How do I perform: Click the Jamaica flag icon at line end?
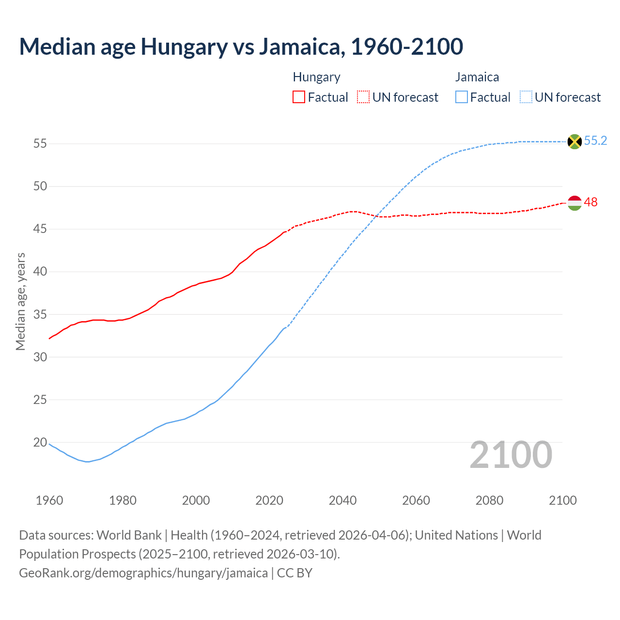click(574, 141)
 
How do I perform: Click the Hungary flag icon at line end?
click(574, 203)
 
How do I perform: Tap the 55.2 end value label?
click(595, 141)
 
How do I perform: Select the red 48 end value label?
click(590, 202)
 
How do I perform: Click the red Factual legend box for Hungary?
click(299, 97)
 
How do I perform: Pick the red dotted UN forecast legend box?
click(363, 97)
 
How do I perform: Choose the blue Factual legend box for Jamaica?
click(462, 97)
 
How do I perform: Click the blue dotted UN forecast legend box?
click(526, 97)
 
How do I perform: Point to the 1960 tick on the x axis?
click(49, 500)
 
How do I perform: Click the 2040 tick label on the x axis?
click(342, 500)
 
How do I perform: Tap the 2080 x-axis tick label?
click(489, 500)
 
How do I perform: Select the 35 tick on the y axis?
click(40, 314)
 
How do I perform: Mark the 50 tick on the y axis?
click(40, 186)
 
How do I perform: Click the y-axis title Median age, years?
click(20, 301)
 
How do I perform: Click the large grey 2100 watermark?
click(511, 455)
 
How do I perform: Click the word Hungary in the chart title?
click(184, 46)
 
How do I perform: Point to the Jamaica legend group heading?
click(477, 77)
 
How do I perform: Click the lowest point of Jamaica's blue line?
click(87, 462)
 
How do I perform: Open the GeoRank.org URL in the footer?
click(143, 573)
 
